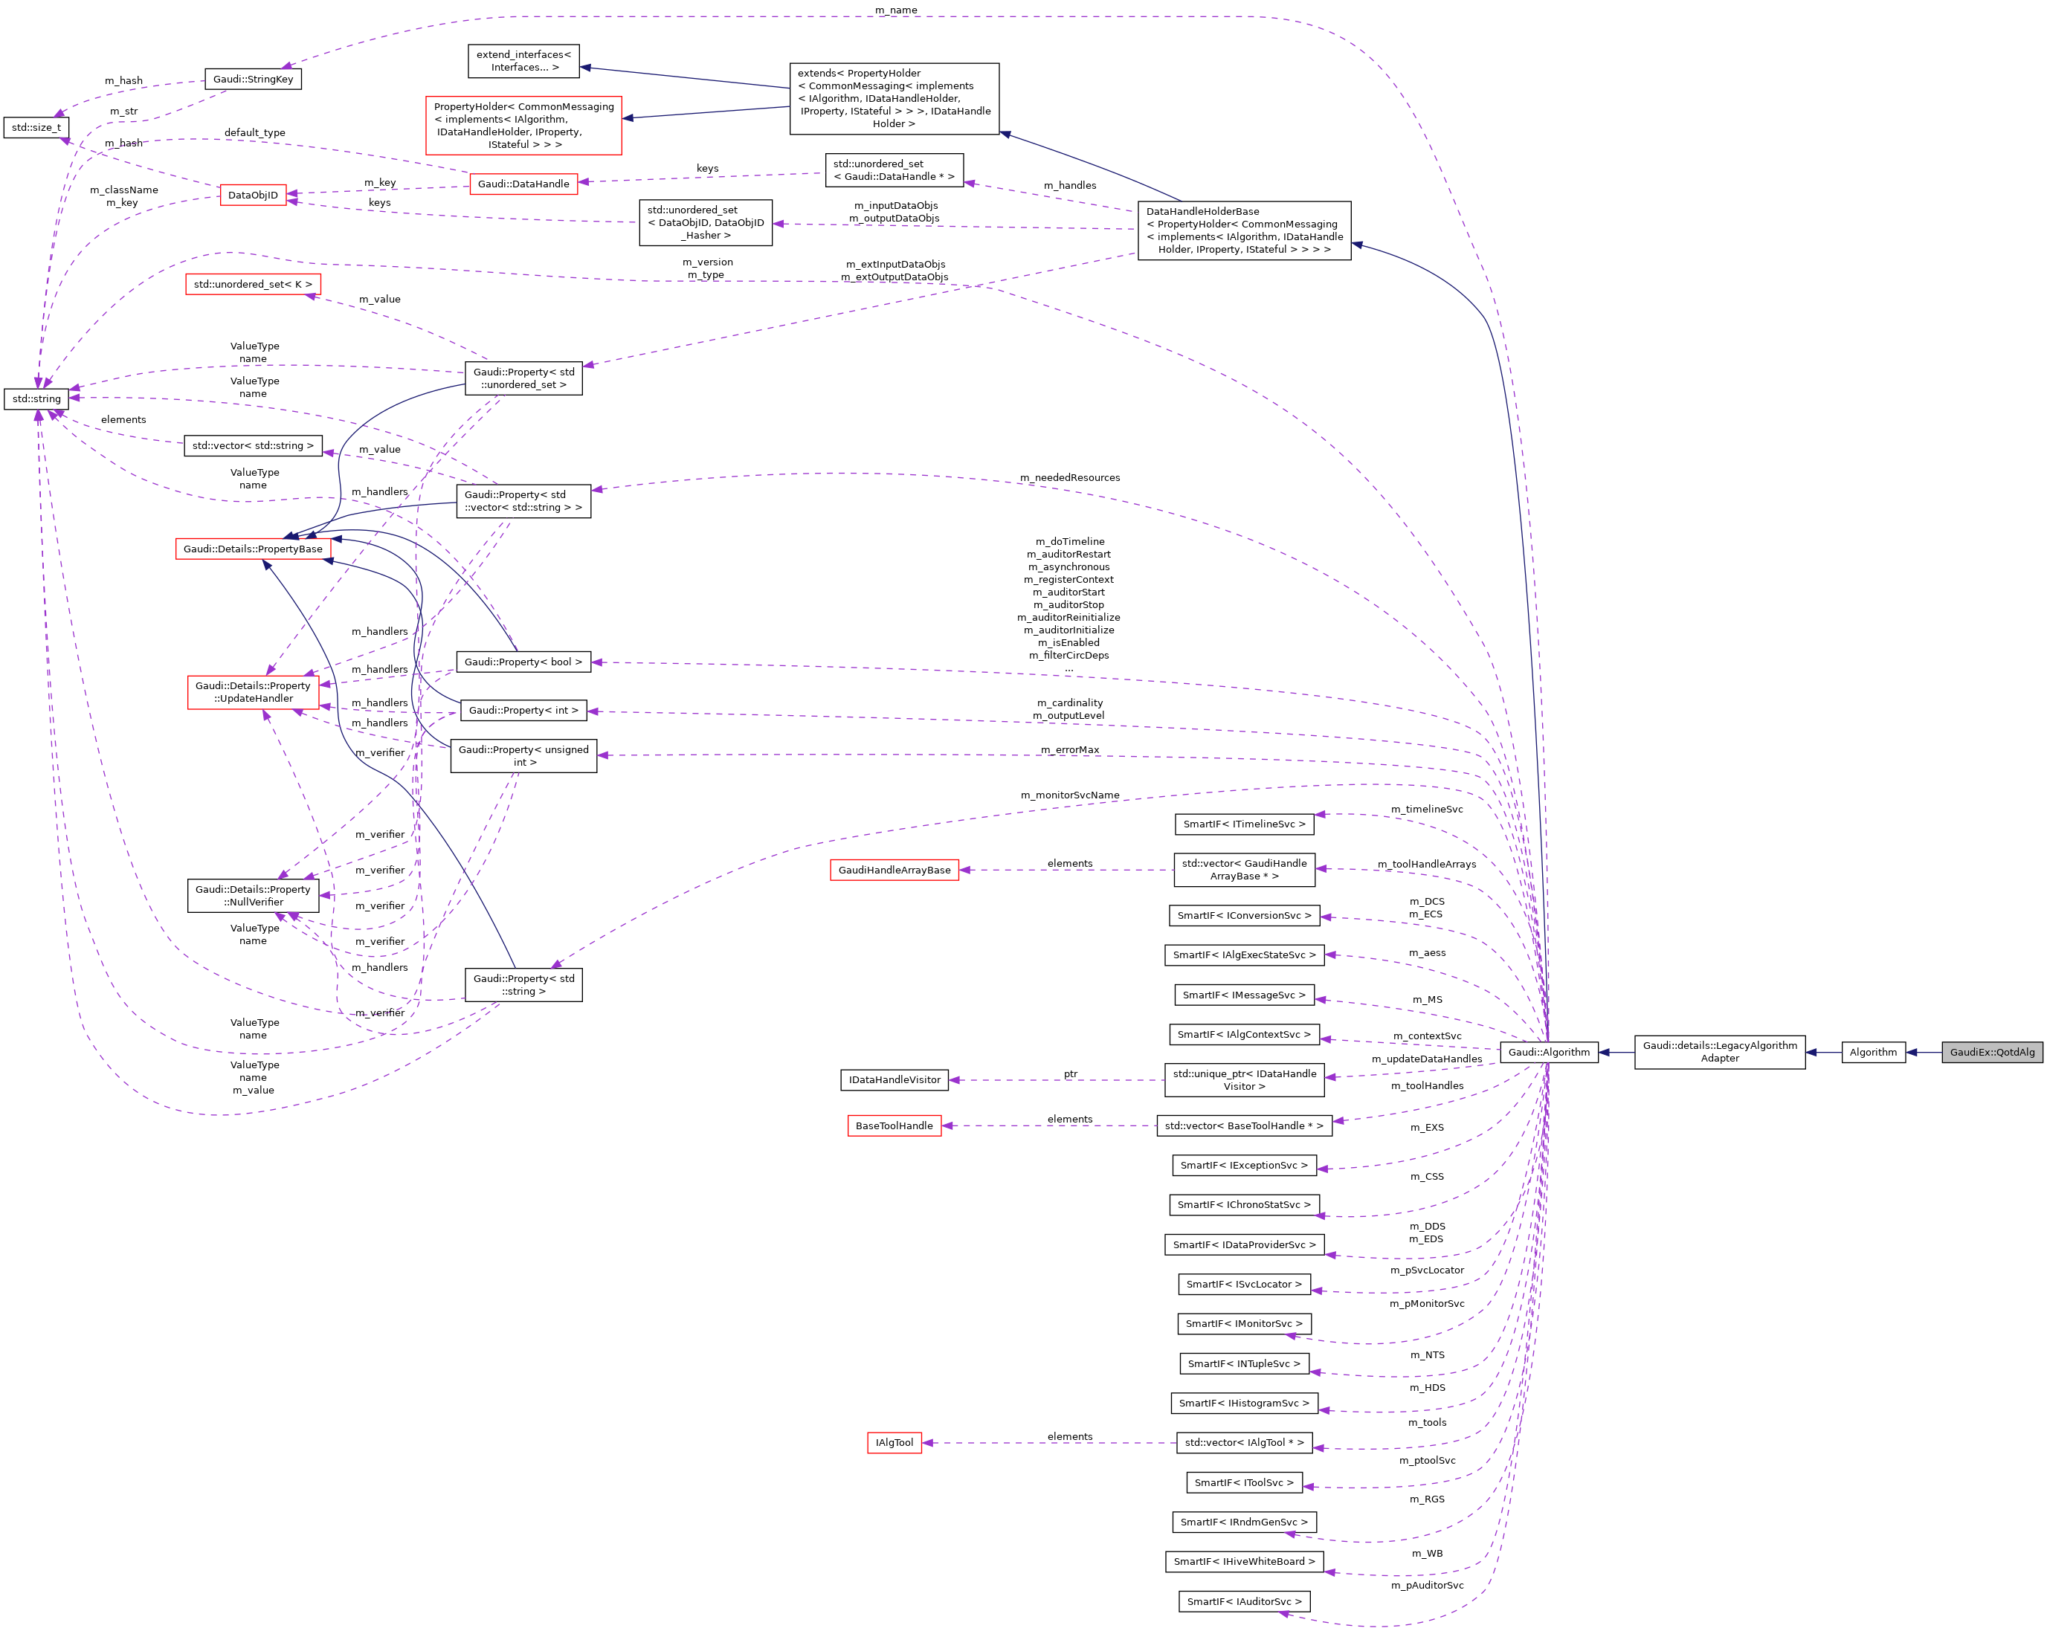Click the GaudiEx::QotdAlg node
[1991, 1052]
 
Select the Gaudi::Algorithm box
[1549, 1052]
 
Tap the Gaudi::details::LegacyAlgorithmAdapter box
[1719, 1052]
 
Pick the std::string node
[36, 398]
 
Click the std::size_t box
[36, 127]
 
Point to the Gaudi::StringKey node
[253, 79]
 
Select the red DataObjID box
[253, 196]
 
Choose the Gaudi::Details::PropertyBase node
[253, 549]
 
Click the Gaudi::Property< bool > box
[523, 662]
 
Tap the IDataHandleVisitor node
[894, 1079]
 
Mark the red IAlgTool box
[894, 1442]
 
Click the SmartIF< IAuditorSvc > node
[1244, 1601]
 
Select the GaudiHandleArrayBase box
[894, 870]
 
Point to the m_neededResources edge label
[1069, 477]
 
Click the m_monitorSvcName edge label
[1069, 795]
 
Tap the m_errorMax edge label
[1069, 750]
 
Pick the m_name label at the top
[895, 10]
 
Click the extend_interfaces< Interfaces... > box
[523, 61]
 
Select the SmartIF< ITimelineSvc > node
[1244, 824]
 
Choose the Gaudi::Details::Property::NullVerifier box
[253, 895]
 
